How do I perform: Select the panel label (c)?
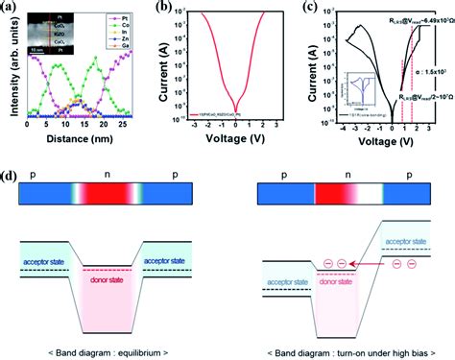coord(316,9)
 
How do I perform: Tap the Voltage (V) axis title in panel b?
coord(234,166)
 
